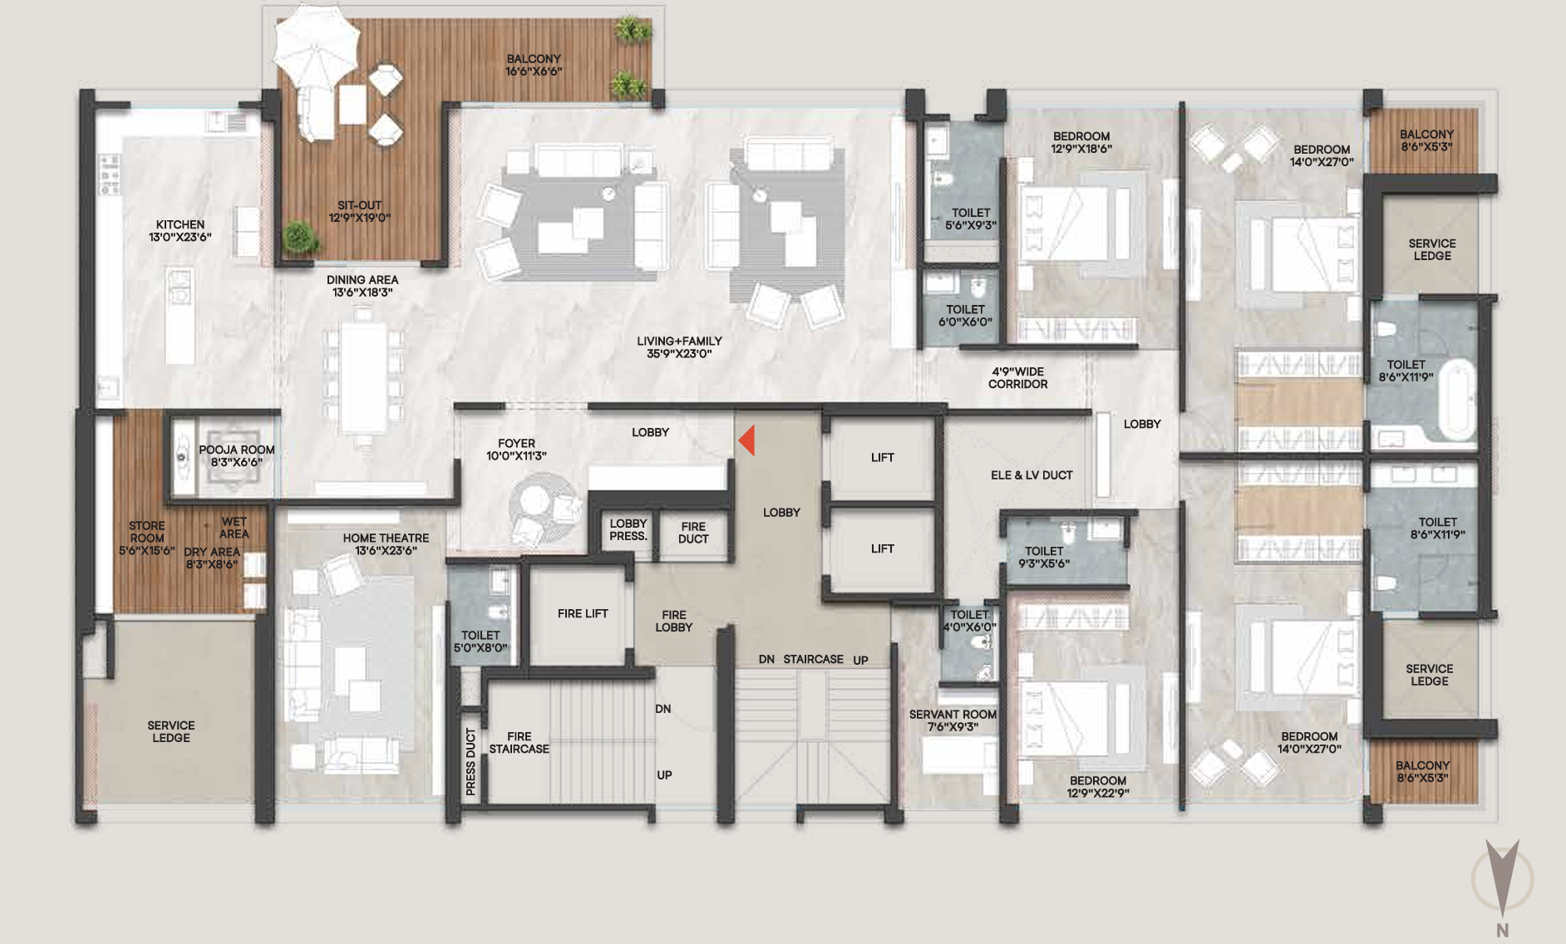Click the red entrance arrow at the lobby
tap(747, 440)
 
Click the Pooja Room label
tap(237, 450)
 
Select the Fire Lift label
tap(583, 613)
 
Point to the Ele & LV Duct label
tap(1032, 475)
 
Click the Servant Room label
tap(953, 715)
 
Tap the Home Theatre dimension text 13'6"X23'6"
tap(386, 551)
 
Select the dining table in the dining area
tap(363, 378)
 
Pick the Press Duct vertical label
tap(470, 762)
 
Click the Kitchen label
tap(180, 224)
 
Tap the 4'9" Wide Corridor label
tap(1017, 378)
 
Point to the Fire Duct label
tap(693, 533)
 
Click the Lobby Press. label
tap(628, 530)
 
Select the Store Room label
tap(147, 532)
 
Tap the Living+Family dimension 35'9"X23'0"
tap(679, 354)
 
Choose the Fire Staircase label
tap(520, 743)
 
